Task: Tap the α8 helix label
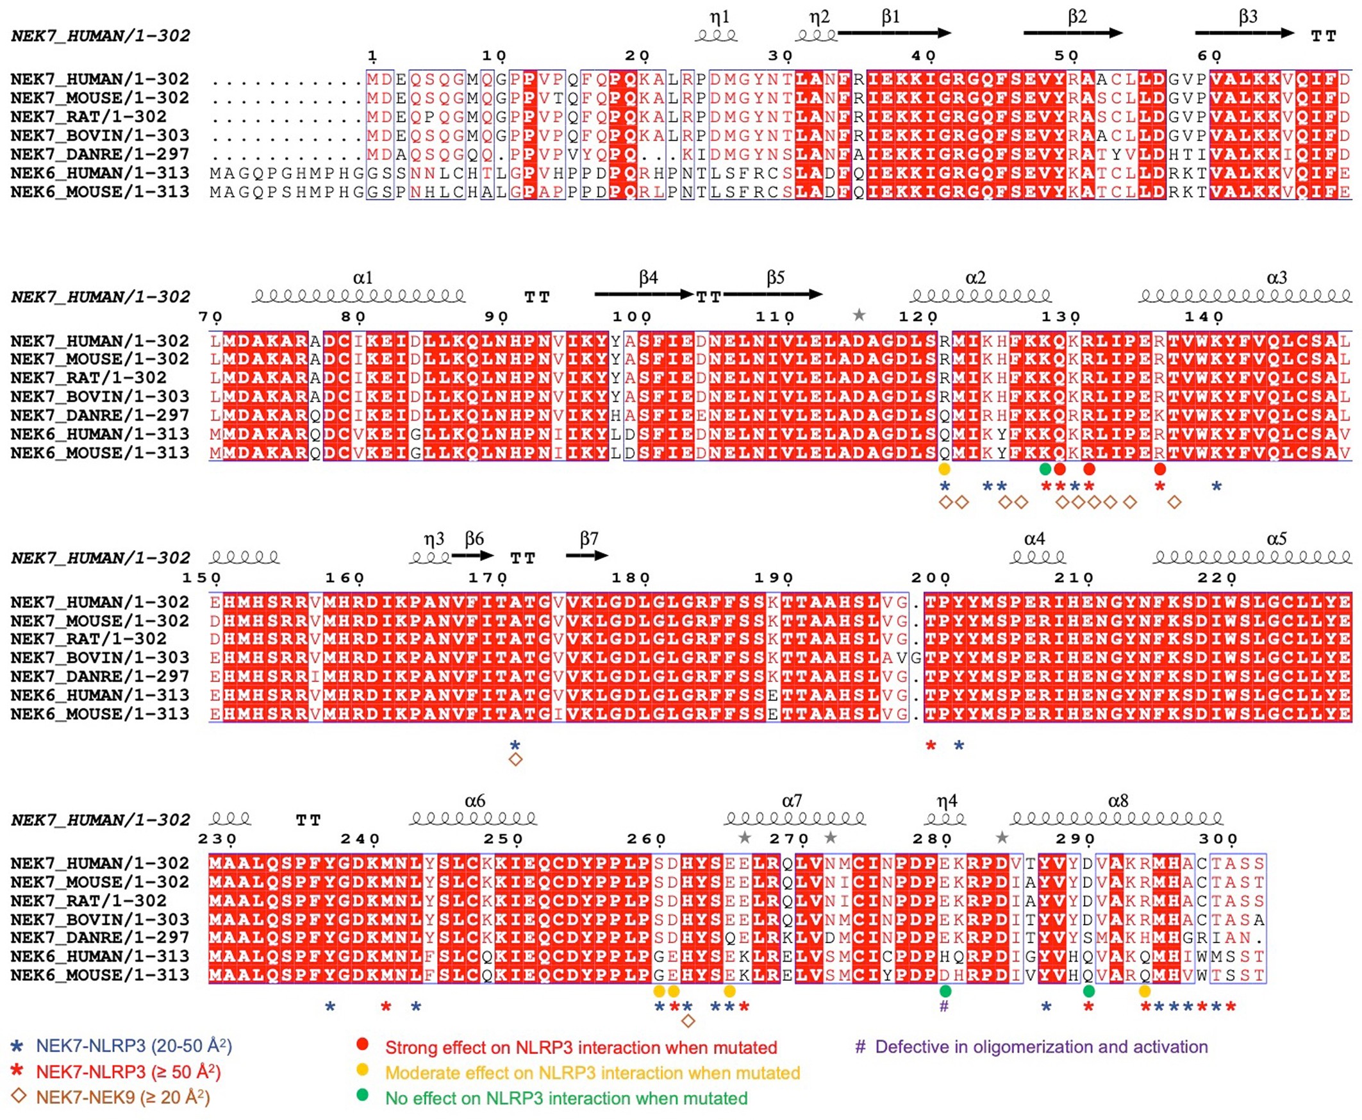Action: click(1118, 801)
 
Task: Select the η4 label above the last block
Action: click(946, 801)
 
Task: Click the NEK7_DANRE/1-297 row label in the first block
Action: click(99, 155)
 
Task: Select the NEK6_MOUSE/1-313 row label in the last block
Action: click(99, 975)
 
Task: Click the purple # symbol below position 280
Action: click(944, 1006)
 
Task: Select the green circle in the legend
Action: click(362, 1095)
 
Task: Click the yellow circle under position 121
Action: click(944, 469)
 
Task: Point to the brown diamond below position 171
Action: click(515, 760)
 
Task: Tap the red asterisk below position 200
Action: click(931, 746)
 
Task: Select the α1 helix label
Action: click(362, 278)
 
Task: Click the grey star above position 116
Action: click(859, 315)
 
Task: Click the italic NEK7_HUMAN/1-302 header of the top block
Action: click(101, 35)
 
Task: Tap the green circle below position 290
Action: click(1088, 991)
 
